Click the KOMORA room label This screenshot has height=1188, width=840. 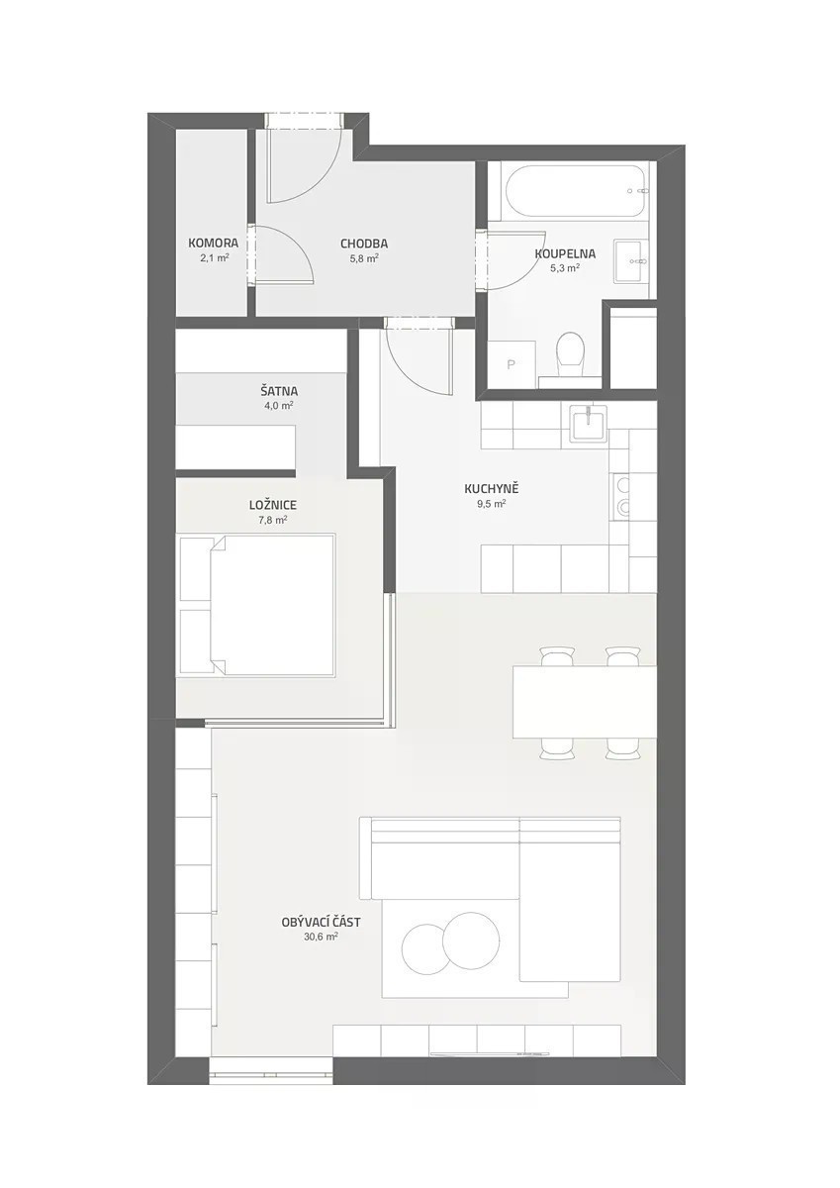pyautogui.click(x=213, y=244)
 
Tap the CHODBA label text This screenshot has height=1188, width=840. pyautogui.click(x=364, y=244)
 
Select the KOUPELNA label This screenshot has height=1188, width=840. pyautogui.click(x=565, y=254)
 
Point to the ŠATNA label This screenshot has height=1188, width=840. pyautogui.click(x=279, y=391)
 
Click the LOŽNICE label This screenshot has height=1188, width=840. pyautogui.click(x=273, y=505)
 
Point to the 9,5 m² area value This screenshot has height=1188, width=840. pyautogui.click(x=491, y=504)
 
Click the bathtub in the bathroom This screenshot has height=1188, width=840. pyautogui.click(x=577, y=191)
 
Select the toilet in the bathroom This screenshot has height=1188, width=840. pyautogui.click(x=570, y=354)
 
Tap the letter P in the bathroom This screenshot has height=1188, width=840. pyautogui.click(x=512, y=364)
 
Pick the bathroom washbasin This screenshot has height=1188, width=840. pyautogui.click(x=631, y=261)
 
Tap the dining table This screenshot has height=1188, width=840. pyautogui.click(x=584, y=702)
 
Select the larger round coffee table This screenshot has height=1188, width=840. pyautogui.click(x=471, y=940)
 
